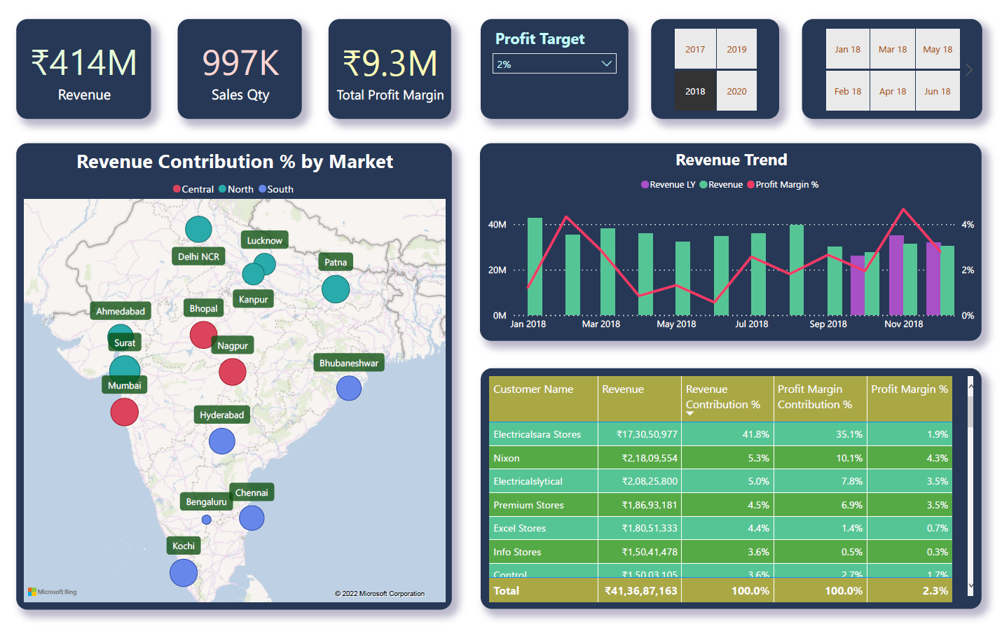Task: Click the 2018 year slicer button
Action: [695, 91]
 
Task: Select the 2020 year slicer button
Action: [736, 91]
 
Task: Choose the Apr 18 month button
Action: [892, 91]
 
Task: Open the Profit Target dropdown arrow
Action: [606, 64]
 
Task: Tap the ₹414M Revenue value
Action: [84, 63]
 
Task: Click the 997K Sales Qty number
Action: [240, 63]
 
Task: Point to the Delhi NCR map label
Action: [198, 256]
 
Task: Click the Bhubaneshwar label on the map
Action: [348, 363]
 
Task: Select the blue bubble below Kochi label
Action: [184, 572]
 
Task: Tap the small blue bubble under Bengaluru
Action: [206, 520]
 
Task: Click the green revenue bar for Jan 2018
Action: [535, 266]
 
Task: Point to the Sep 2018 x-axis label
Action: [828, 324]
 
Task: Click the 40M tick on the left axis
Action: [497, 225]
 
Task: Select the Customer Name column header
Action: [533, 389]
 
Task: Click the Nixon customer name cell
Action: [507, 458]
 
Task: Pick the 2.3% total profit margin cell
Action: [935, 590]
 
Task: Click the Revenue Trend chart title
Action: [731, 160]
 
